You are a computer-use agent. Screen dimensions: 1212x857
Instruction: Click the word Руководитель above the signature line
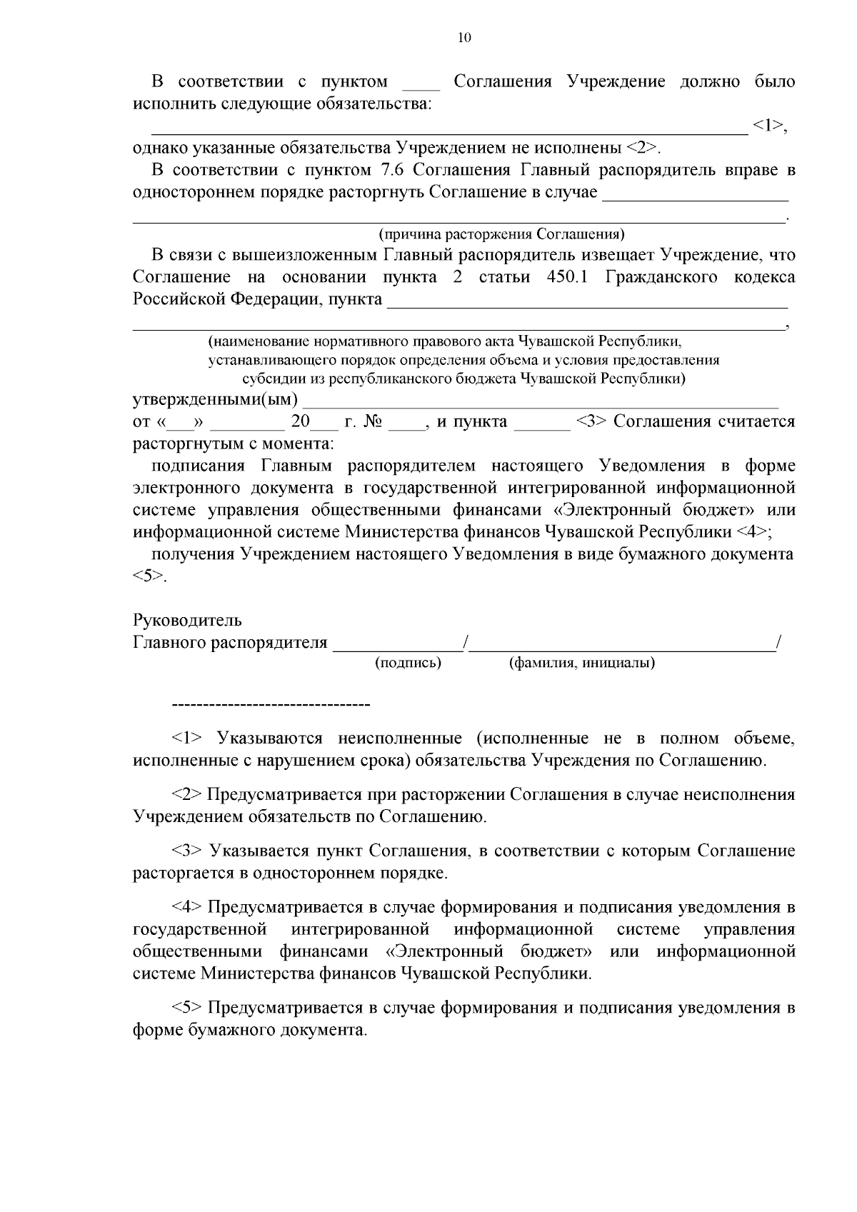coord(187,620)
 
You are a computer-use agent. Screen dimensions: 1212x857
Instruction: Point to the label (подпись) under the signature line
coord(408,663)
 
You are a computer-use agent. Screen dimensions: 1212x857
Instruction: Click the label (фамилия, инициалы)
coord(582,663)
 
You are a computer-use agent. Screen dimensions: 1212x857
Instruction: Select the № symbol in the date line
coord(373,421)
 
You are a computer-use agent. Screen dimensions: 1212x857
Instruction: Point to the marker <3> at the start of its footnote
coord(188,851)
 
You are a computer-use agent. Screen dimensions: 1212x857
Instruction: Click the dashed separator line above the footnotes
coord(271,706)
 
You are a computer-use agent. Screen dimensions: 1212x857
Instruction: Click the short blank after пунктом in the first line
coord(421,84)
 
